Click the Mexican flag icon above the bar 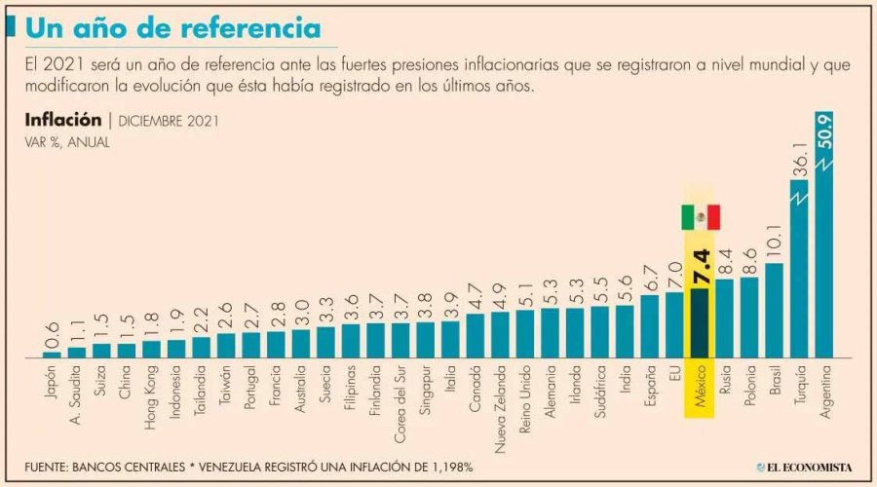(700, 217)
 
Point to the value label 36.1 (799, 156)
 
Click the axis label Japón (52, 386)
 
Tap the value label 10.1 (774, 239)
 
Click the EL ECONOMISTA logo (805, 467)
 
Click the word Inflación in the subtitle (63, 121)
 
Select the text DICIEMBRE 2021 (169, 122)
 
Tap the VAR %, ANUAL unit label (67, 142)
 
